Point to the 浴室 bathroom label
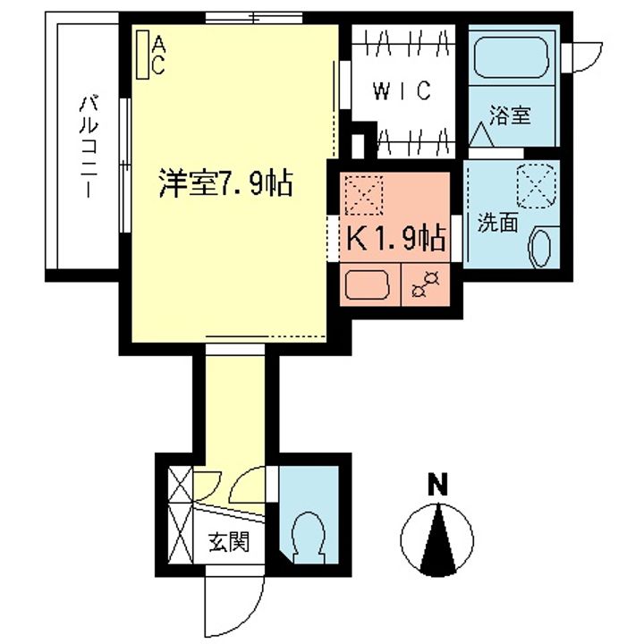click(509, 115)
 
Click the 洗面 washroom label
click(497, 224)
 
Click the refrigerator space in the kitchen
click(364, 195)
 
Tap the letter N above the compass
click(436, 488)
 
